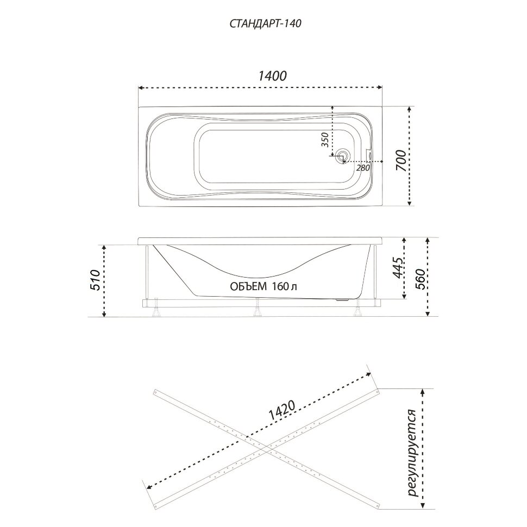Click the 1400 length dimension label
coord(272,76)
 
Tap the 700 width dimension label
coord(401,160)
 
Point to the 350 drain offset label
coord(325,140)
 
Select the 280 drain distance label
coord(363,167)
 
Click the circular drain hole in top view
coord(343,156)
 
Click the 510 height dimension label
coord(96,280)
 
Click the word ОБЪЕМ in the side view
coord(248,286)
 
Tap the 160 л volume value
coord(285,286)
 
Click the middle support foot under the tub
coord(258,308)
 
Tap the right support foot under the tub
coord(358,308)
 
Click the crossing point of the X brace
coord(267,447)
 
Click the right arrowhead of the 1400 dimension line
coord(380,87)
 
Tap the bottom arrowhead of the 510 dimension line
coord(104,314)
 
